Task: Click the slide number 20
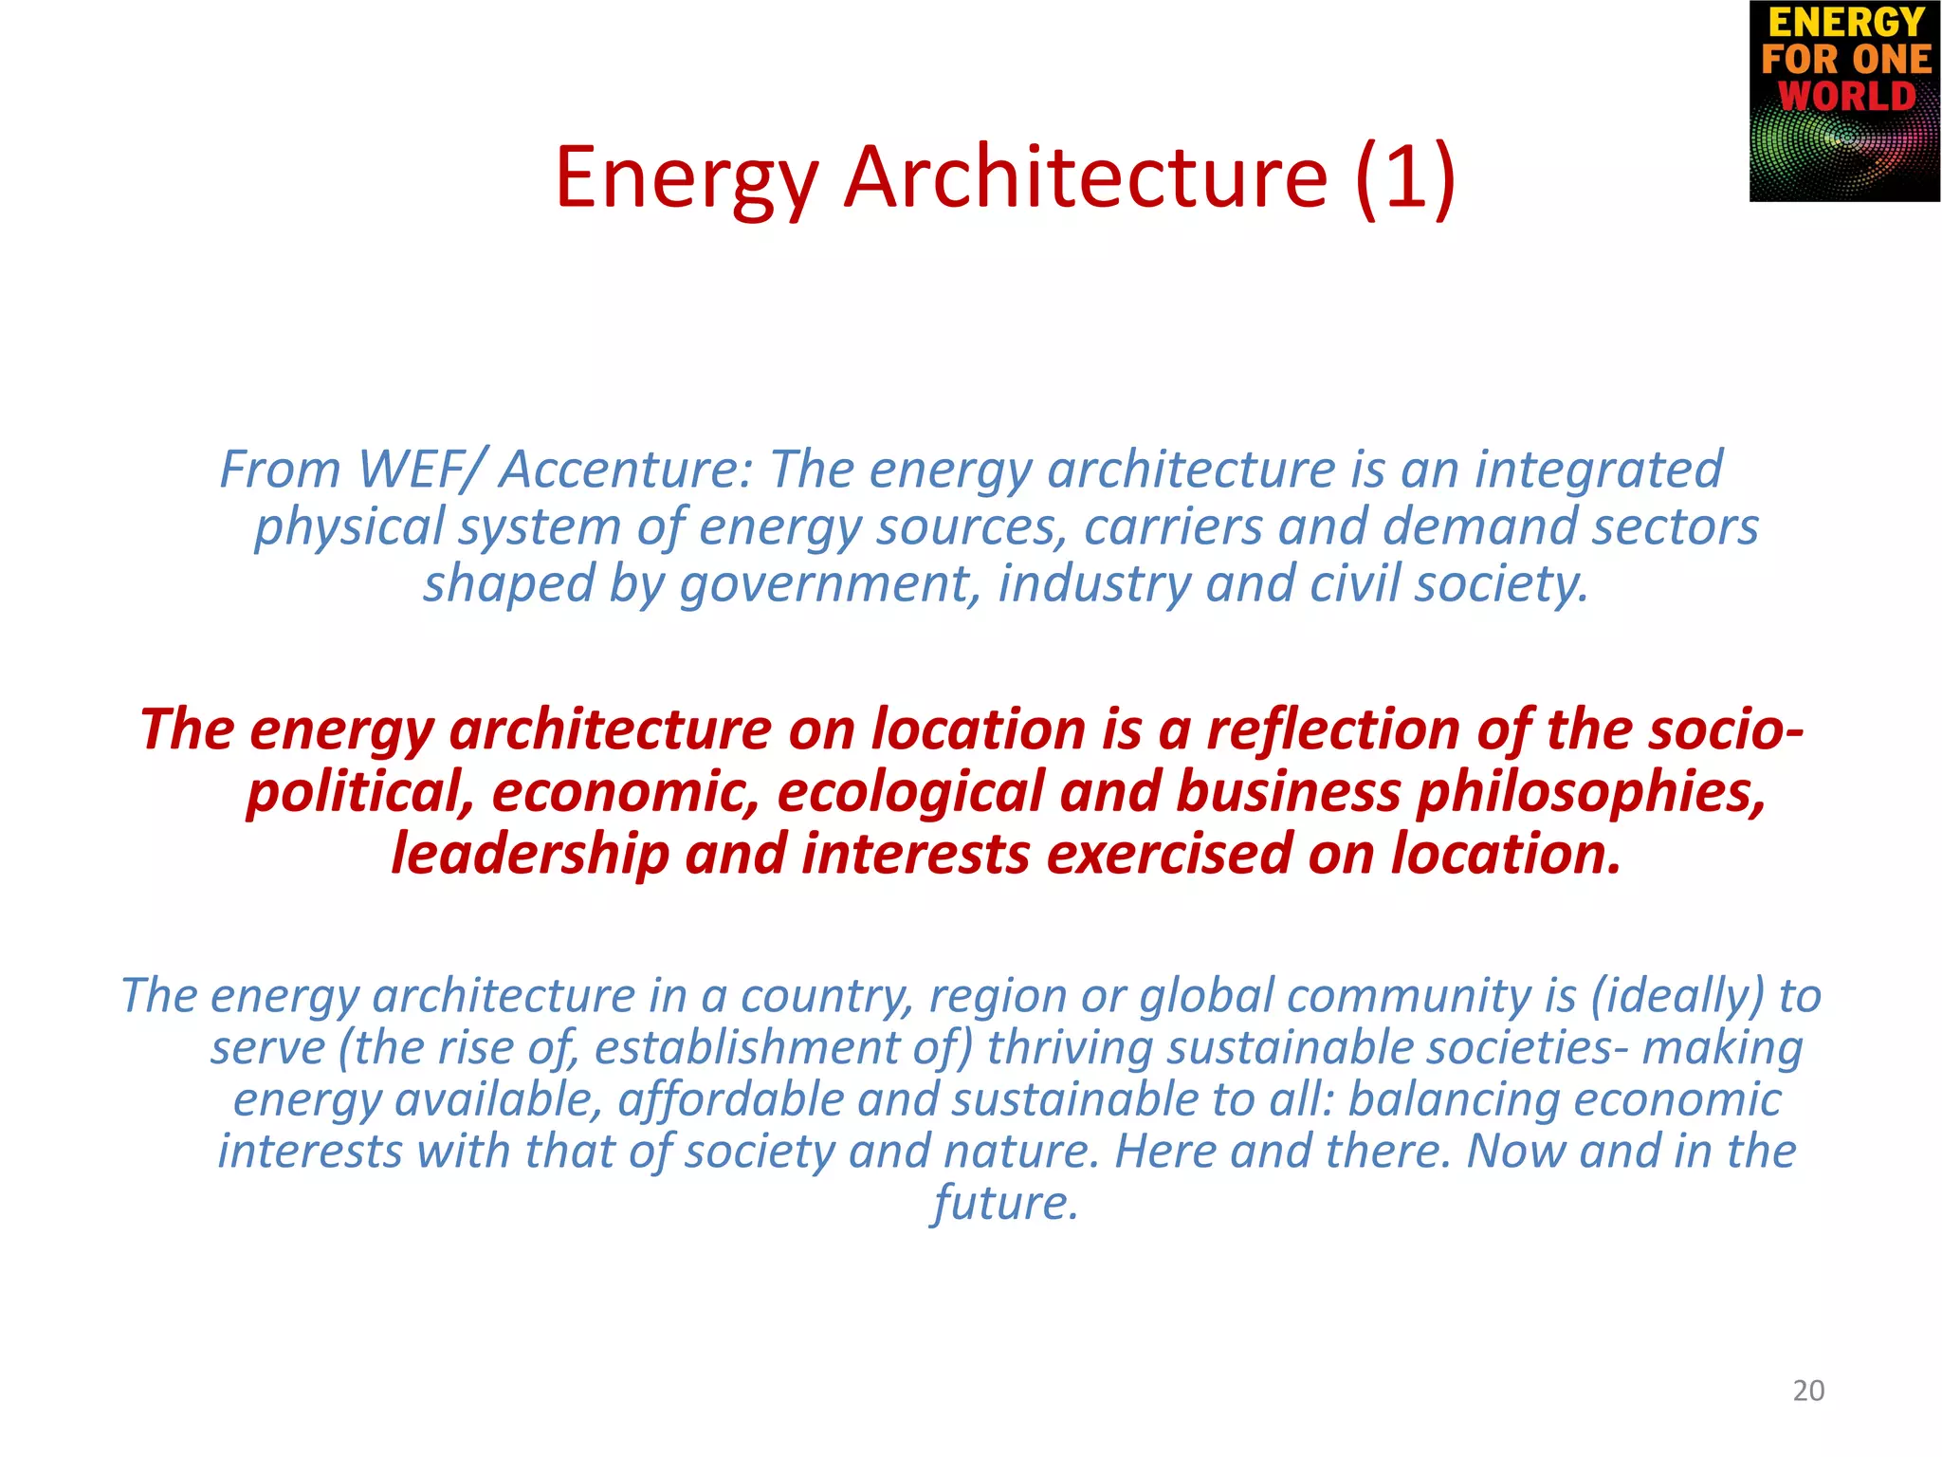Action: pyautogui.click(x=1808, y=1391)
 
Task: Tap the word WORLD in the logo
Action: pyautogui.click(x=1846, y=97)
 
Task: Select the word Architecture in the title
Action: pyautogui.click(x=1086, y=177)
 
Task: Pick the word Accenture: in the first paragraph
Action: pyautogui.click(x=626, y=470)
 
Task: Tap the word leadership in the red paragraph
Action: pyautogui.click(x=530, y=854)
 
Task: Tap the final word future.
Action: pyautogui.click(x=1005, y=1203)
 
